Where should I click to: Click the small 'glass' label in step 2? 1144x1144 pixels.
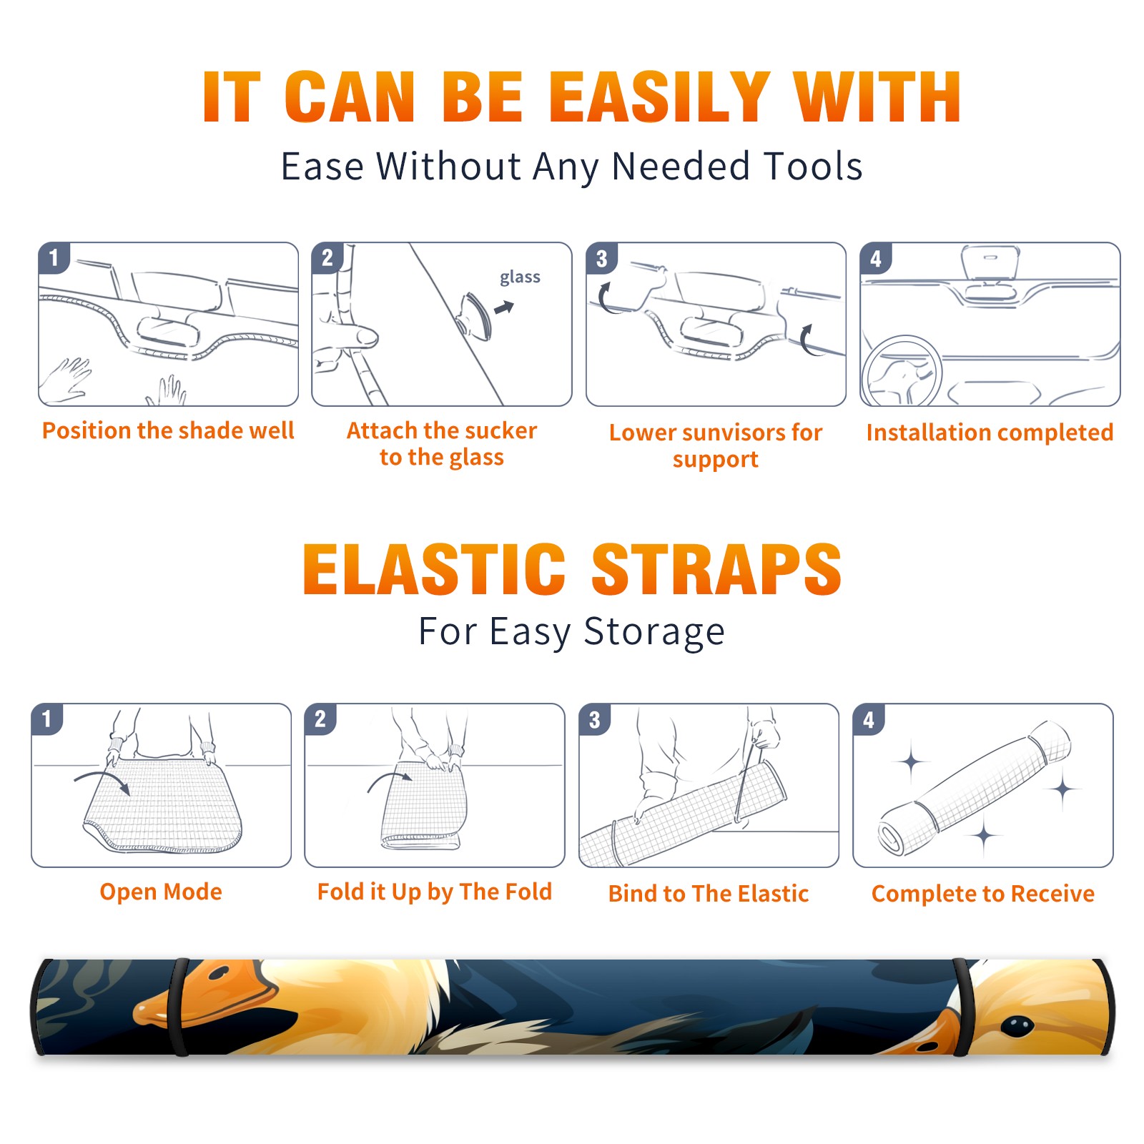pos(520,277)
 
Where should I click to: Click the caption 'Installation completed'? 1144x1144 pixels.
pos(990,432)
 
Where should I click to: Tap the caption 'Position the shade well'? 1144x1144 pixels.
pos(168,430)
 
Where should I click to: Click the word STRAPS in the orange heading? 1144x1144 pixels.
pos(716,569)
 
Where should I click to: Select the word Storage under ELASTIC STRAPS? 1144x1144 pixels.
pos(654,631)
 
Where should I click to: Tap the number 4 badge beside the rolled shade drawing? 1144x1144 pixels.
pos(869,719)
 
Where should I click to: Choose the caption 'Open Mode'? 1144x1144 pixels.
pos(161,892)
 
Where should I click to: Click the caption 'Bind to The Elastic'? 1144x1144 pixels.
pos(709,893)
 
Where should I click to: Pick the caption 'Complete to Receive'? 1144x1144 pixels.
pos(983,893)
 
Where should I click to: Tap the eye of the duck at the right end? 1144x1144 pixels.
pos(1017,1027)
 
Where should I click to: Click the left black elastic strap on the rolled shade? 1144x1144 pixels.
pos(179,1007)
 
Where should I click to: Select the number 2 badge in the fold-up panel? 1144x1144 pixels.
pos(320,719)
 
